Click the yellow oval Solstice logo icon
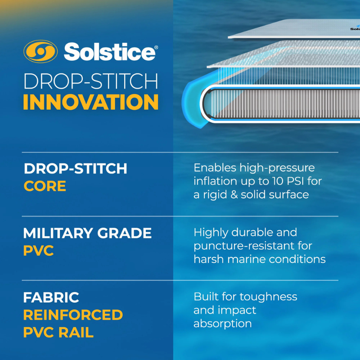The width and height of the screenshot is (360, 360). click(40, 52)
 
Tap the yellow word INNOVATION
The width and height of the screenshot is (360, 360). click(90, 102)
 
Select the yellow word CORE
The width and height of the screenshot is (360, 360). click(45, 186)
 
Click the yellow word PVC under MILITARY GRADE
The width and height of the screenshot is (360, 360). click(38, 250)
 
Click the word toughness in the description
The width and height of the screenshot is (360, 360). click(272, 297)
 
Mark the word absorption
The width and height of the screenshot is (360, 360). click(222, 324)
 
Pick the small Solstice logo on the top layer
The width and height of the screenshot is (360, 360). click(355, 29)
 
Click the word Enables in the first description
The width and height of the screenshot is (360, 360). click(213, 168)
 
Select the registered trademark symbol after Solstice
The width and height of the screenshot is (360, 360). click(156, 47)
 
